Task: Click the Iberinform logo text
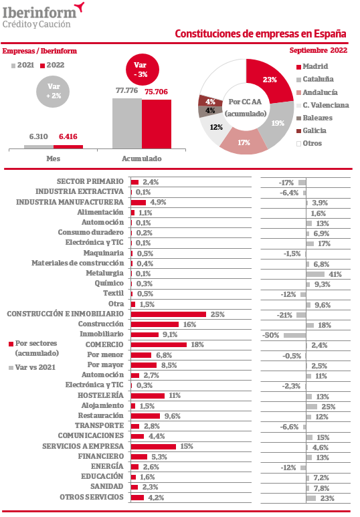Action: point(39,13)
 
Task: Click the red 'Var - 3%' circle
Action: point(143,70)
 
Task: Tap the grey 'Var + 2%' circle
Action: point(53,91)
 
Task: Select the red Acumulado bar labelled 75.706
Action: point(157,124)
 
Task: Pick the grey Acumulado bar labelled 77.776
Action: point(127,123)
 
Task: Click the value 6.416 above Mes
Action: point(68,136)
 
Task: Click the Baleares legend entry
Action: point(314,118)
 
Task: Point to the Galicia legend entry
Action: point(311,130)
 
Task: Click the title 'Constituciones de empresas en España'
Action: point(260,33)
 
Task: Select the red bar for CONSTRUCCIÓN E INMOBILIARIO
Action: point(168,314)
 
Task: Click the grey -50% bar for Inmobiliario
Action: point(294,335)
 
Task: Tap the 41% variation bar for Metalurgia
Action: point(315,274)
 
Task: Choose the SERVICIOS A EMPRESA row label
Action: point(83,446)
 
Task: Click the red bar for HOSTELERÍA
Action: point(147,396)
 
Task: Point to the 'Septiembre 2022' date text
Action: point(318,50)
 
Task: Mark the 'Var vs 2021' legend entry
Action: point(32,367)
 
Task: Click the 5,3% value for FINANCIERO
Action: point(159,457)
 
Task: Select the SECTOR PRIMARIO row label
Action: point(90,181)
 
